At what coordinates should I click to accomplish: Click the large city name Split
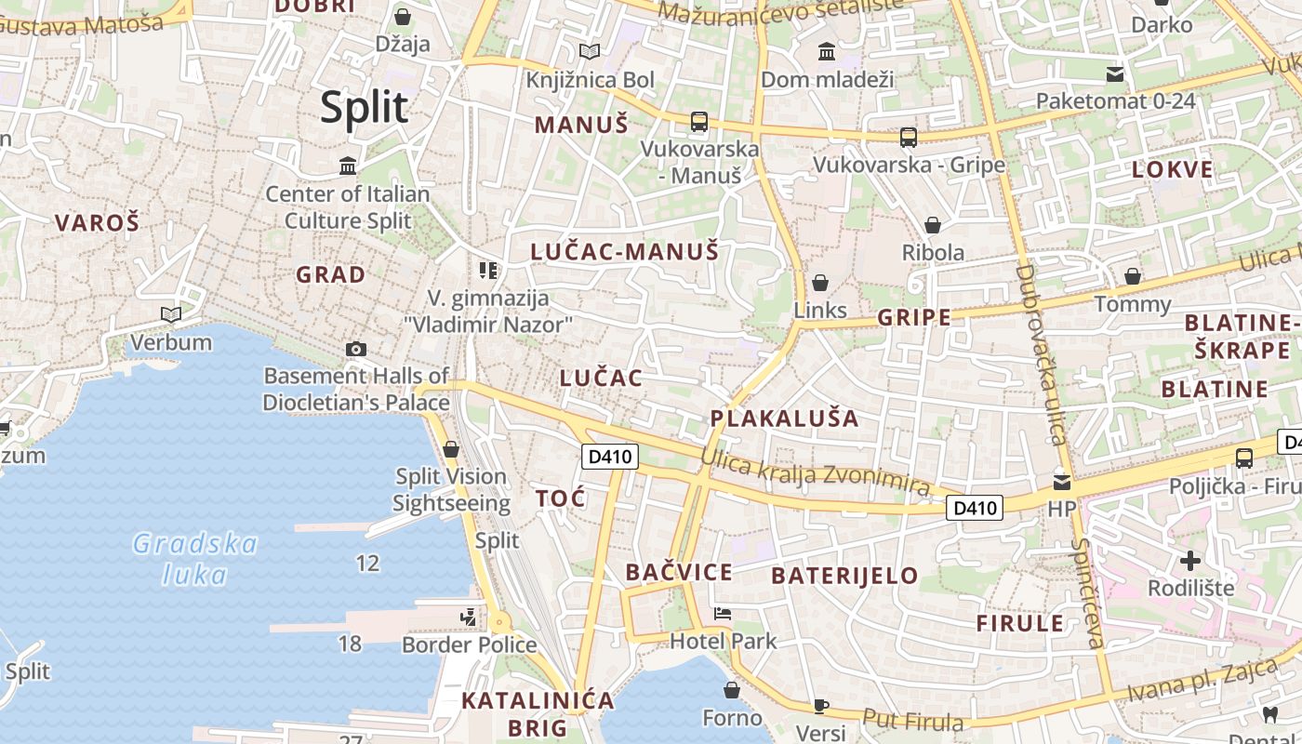[364, 107]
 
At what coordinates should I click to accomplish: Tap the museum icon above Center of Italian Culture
[348, 166]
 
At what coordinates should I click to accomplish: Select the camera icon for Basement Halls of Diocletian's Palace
[355, 350]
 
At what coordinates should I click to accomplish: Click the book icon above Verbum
[171, 314]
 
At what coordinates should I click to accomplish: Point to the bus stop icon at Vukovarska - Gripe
[909, 138]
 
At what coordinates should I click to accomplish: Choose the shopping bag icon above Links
[820, 283]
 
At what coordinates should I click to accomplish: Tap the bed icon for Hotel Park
[723, 614]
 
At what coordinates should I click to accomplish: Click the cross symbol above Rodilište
[1190, 561]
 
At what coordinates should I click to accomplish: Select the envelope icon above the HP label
[1061, 483]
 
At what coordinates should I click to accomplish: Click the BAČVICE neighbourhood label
[679, 572]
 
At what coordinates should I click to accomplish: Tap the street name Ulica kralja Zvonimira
[815, 472]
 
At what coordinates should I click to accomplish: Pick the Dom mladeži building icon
[826, 52]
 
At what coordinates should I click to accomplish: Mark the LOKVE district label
[1173, 169]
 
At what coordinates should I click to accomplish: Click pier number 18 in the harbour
[350, 644]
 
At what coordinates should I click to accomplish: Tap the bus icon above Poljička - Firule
[1243, 458]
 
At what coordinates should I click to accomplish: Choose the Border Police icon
[469, 617]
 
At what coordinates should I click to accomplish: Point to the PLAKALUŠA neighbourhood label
[784, 418]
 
